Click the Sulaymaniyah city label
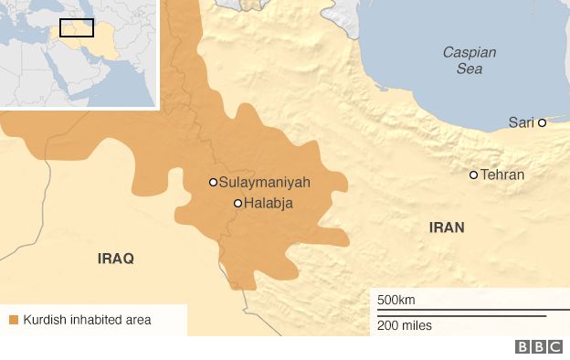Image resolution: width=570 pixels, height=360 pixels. coord(266,183)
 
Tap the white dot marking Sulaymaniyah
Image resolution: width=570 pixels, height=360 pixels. coord(213,182)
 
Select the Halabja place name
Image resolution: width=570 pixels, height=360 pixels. coord(269,204)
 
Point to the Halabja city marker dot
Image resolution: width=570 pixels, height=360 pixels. coord(237,204)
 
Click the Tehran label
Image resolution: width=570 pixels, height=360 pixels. coord(502,175)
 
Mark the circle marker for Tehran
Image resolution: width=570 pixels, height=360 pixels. coord(473,175)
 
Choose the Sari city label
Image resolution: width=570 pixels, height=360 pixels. coord(522,122)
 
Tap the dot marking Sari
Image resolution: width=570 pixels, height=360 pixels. coord(542,122)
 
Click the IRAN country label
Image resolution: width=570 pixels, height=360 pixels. coord(447,227)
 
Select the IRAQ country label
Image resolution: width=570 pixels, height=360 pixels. coord(116,259)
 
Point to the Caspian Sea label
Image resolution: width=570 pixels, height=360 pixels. coord(469,60)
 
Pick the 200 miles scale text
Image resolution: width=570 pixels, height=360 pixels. coord(405,325)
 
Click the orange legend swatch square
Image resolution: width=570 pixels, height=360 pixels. coord(13,320)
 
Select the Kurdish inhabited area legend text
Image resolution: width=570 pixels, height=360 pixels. coord(87,320)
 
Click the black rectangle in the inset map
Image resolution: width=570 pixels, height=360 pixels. coord(77,27)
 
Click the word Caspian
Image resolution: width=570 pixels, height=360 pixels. coord(469,52)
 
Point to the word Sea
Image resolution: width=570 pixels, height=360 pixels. coord(469,69)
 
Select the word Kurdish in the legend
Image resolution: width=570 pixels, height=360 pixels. coord(44,320)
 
